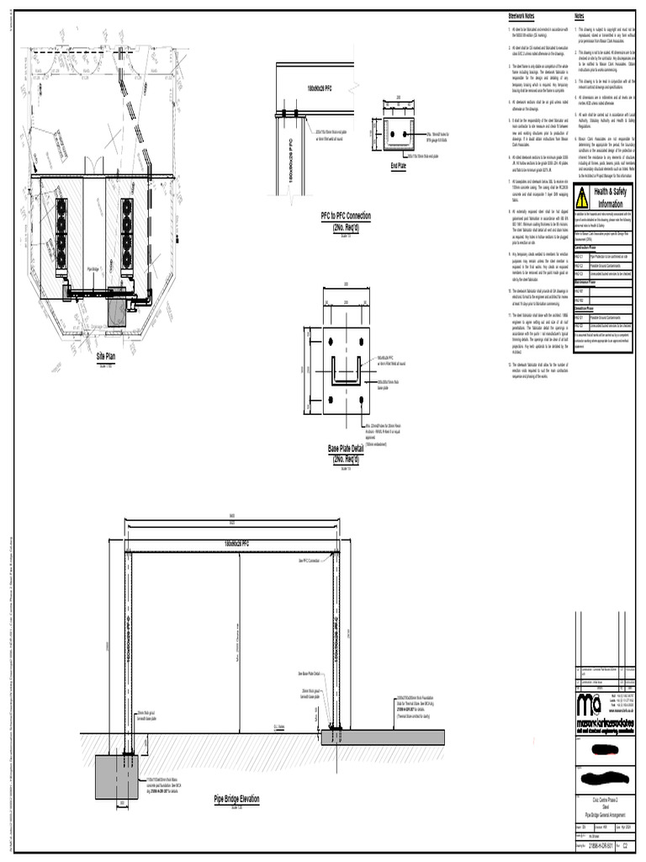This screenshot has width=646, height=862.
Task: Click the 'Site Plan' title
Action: point(105,356)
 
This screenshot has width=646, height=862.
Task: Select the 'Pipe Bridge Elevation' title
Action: point(248,799)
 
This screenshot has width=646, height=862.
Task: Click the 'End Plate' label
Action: point(398,167)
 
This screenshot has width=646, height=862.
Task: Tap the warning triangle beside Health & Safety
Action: point(580,197)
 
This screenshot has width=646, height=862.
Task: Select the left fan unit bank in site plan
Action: point(62,231)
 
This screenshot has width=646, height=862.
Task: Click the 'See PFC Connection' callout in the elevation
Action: point(310,559)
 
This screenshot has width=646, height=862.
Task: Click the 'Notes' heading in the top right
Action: point(579,17)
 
